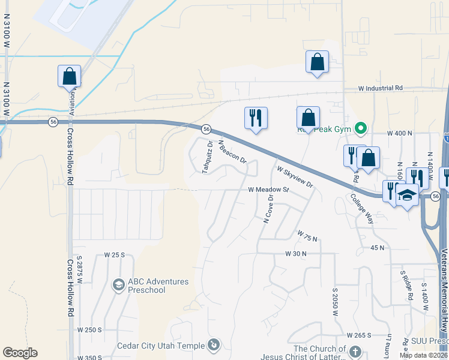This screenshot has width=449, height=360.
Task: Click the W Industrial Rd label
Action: click(x=381, y=88)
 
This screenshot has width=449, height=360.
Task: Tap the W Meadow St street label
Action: click(x=269, y=190)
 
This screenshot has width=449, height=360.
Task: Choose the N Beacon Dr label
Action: click(x=233, y=152)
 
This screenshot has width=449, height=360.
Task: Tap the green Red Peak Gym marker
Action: click(x=361, y=128)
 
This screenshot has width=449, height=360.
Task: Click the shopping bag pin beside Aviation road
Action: click(x=69, y=76)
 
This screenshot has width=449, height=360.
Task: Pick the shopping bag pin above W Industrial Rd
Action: click(x=316, y=62)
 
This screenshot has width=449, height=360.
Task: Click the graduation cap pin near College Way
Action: click(x=407, y=195)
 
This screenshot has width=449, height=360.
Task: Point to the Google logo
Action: click(x=20, y=353)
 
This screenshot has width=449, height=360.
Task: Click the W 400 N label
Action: click(x=400, y=133)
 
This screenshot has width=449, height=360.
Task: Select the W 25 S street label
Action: click(x=114, y=254)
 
